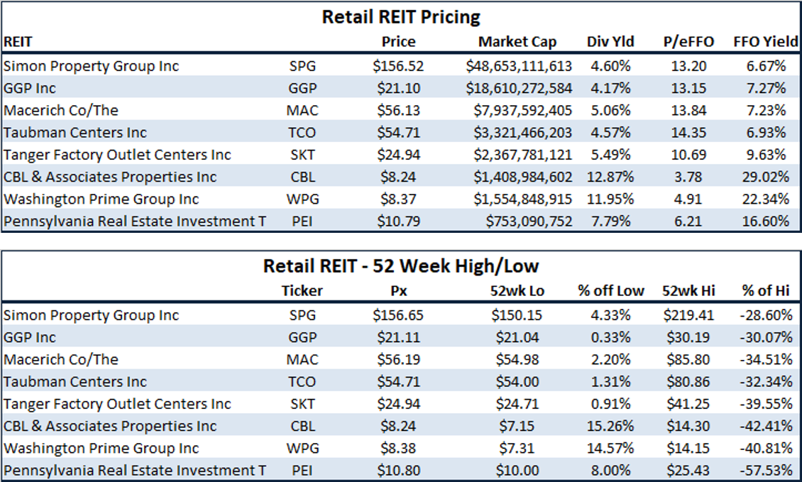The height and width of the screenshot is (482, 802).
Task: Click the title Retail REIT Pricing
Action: point(401,16)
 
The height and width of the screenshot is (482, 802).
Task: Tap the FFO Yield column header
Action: point(766,42)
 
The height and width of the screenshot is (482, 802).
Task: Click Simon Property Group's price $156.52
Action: point(398,66)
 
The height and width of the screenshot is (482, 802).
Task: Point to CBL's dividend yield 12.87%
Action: point(610,177)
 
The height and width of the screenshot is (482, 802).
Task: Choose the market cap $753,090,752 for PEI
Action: point(529,221)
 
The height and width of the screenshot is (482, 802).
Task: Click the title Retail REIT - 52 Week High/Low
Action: point(401,266)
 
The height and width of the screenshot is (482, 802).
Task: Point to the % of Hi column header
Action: point(766,290)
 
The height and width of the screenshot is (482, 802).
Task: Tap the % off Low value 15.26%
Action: point(610,426)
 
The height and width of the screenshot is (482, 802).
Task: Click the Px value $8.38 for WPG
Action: point(398,448)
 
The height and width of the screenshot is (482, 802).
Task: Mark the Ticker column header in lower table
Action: point(302,290)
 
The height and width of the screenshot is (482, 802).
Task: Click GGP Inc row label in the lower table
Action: point(30,337)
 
